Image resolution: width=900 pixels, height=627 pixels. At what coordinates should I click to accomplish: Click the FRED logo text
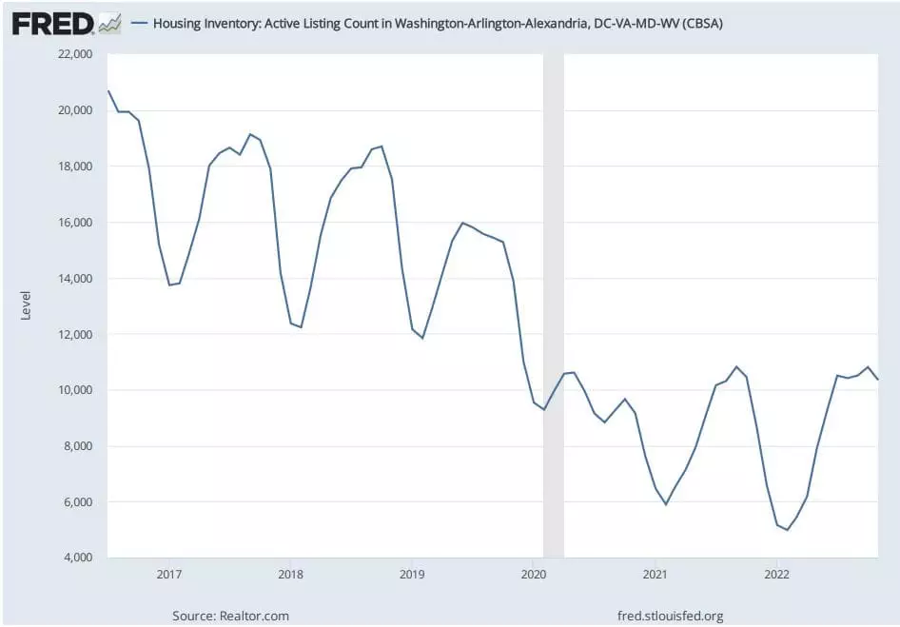coord(52,23)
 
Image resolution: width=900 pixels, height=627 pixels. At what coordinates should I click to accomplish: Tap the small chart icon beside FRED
coord(109,24)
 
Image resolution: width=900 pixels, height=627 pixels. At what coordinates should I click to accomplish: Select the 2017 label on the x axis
coord(168,575)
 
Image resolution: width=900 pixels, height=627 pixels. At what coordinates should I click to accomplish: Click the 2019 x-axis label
coord(412,575)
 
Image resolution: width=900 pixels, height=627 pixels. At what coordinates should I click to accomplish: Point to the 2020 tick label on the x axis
coord(534,575)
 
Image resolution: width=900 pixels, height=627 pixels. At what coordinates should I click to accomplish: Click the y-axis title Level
coord(26,305)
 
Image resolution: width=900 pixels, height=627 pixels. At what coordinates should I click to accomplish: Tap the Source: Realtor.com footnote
coord(230,616)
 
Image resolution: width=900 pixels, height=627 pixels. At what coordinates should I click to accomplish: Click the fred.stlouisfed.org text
coord(670,616)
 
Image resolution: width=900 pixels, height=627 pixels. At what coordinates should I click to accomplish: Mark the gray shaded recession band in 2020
coord(553,304)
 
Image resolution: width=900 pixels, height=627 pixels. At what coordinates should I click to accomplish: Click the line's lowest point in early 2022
coord(788,529)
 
